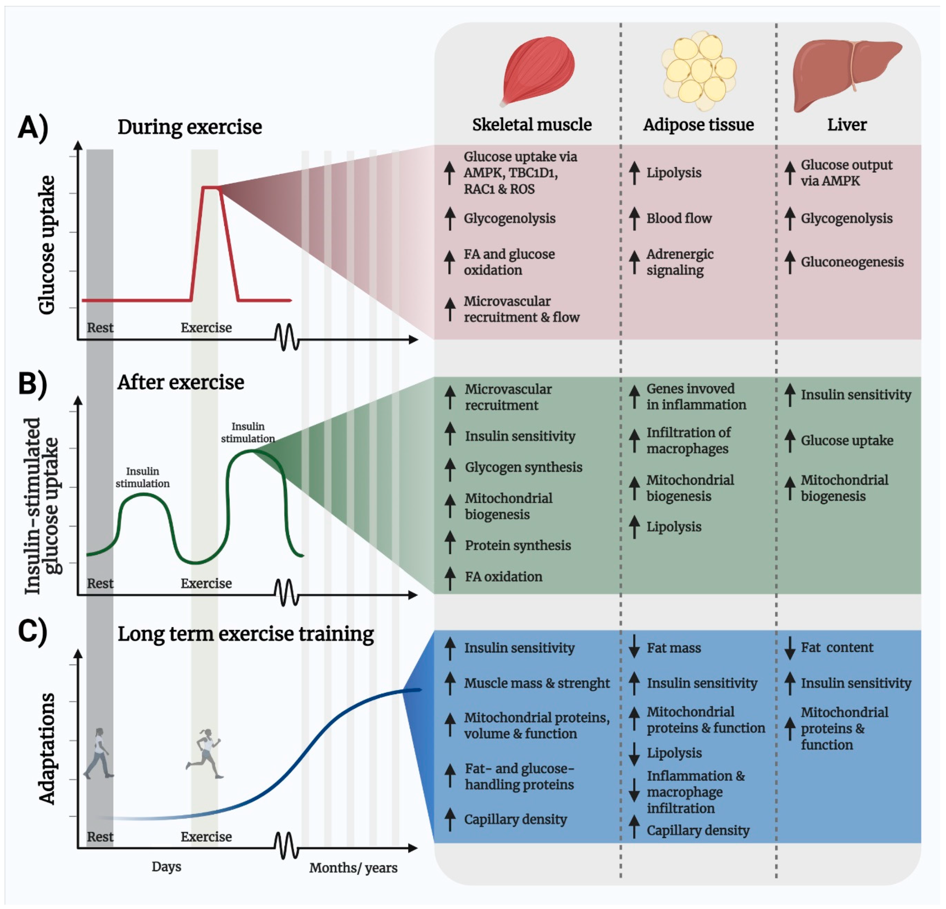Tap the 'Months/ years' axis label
(353, 868)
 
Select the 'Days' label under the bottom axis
(166, 867)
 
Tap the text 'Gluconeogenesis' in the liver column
(852, 262)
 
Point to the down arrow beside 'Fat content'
(789, 647)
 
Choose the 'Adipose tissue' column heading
(698, 124)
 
